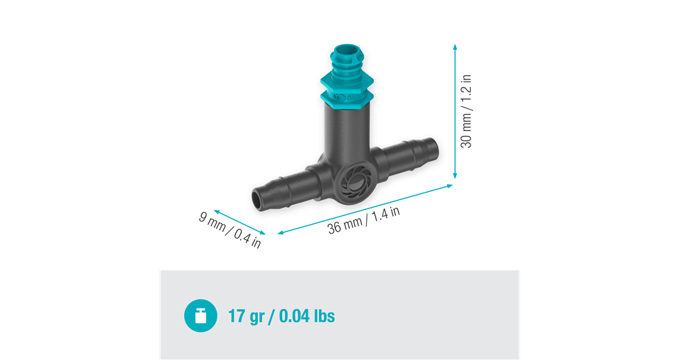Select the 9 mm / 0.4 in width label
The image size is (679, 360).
230,231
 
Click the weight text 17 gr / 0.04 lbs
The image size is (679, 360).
282,316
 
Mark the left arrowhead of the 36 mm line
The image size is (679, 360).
279,233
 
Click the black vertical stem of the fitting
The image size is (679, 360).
346,136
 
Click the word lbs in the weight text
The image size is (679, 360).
321,316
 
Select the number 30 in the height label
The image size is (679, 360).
466,140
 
